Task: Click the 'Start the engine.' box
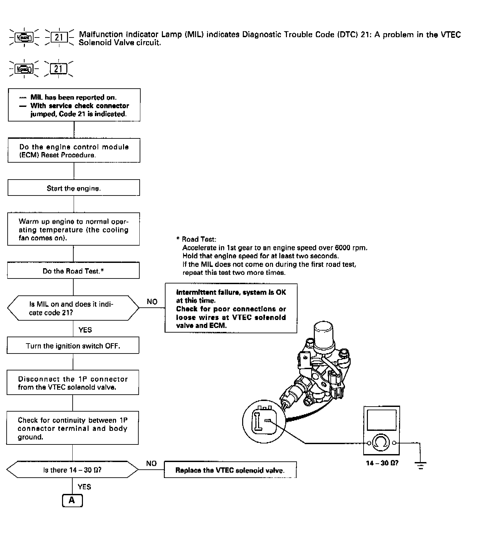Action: coord(74,188)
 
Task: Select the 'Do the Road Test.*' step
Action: coord(73,271)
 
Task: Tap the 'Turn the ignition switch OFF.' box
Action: coord(73,346)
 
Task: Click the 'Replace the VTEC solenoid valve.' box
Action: coord(230,470)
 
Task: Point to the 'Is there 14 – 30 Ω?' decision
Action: coord(72,470)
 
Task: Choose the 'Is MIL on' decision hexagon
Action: coord(73,308)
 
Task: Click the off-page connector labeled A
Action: coord(72,500)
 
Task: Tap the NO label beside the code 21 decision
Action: coord(152,301)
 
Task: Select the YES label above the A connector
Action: coord(84,487)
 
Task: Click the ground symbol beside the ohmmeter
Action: coord(421,464)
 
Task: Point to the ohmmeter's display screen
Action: coord(381,420)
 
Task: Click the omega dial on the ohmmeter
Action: coord(381,442)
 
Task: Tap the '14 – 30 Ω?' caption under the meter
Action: coord(382,463)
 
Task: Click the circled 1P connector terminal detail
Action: coord(264,421)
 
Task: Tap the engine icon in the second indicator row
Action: coord(25,69)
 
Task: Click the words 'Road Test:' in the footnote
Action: coord(199,239)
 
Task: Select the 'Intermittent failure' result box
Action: coord(231,308)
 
